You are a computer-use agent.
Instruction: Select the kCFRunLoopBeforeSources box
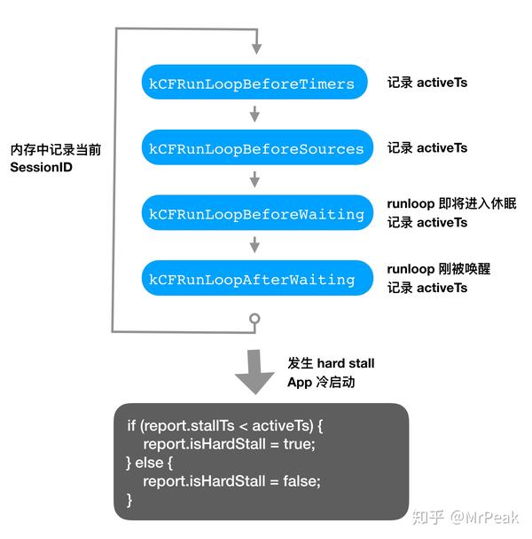click(x=255, y=148)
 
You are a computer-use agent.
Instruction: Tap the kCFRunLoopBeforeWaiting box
click(x=255, y=214)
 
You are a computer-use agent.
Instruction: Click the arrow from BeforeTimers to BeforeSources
click(x=255, y=115)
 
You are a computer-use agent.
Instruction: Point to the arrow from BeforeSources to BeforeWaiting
click(x=255, y=180)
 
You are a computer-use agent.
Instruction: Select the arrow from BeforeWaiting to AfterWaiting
click(x=255, y=246)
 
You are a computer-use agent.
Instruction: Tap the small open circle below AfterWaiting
click(x=255, y=318)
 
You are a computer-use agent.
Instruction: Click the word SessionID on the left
click(x=41, y=166)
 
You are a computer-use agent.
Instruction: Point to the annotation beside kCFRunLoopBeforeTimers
click(x=426, y=83)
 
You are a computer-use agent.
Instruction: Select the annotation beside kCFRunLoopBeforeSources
click(x=426, y=147)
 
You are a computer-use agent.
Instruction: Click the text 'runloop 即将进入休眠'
click(x=450, y=204)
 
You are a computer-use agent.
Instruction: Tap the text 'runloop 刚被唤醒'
click(x=438, y=269)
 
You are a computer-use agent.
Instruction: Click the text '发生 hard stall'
click(x=331, y=363)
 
